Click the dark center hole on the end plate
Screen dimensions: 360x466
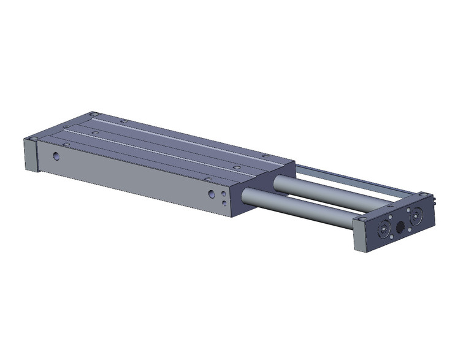coord(400,226)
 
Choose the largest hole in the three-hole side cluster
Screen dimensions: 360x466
coord(212,194)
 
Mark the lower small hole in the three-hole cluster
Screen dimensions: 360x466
coord(224,202)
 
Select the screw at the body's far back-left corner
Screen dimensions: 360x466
coord(93,114)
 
